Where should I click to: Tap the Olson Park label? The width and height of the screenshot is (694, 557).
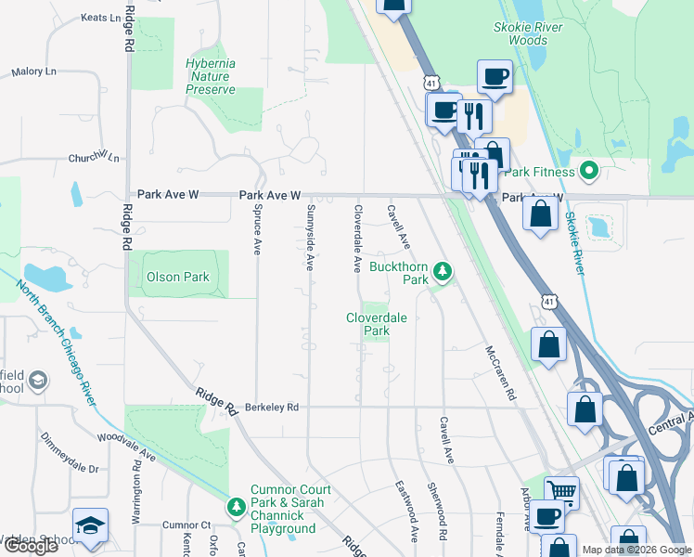[x=178, y=277]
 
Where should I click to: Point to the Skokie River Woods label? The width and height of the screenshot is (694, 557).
[x=528, y=34]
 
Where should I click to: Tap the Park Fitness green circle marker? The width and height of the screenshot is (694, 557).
[x=588, y=171]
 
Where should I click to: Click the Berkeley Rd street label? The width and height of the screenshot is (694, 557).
[x=272, y=407]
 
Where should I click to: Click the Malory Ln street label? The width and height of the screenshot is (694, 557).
[x=33, y=71]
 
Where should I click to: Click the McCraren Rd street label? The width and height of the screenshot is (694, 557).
[x=499, y=373]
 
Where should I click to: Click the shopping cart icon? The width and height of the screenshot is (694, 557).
[x=561, y=492]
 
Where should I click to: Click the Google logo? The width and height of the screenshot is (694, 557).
[x=31, y=546]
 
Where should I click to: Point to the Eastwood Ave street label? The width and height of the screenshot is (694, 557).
[x=406, y=512]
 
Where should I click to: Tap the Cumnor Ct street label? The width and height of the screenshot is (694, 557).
[x=186, y=525]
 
